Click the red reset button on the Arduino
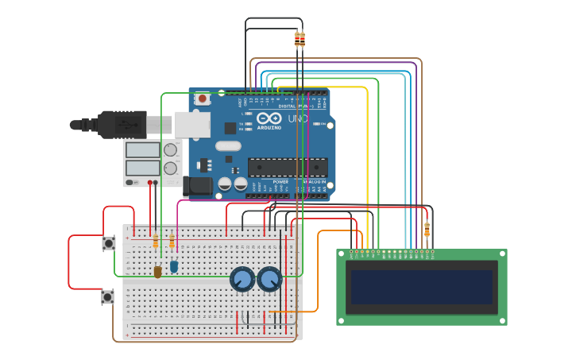pyautogui.click(x=203, y=99)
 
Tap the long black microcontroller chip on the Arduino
pyautogui.click(x=288, y=167)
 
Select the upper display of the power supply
pyautogui.click(x=142, y=150)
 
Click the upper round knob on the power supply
pyautogui.click(x=170, y=150)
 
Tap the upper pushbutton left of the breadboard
pyautogui.click(x=108, y=243)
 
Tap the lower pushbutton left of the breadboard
pyautogui.click(x=107, y=297)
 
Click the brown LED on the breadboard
pyautogui.click(x=157, y=272)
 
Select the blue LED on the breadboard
pyautogui.click(x=174, y=267)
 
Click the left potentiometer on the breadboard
pyautogui.click(x=242, y=280)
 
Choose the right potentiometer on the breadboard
pyautogui.click(x=269, y=279)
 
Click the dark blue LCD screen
pyautogui.click(x=422, y=287)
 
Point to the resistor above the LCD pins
pyautogui.click(x=427, y=230)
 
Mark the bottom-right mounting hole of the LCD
pyautogui.click(x=501, y=319)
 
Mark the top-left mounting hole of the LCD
pyautogui.click(x=342, y=254)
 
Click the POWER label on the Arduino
pyautogui.click(x=280, y=182)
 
